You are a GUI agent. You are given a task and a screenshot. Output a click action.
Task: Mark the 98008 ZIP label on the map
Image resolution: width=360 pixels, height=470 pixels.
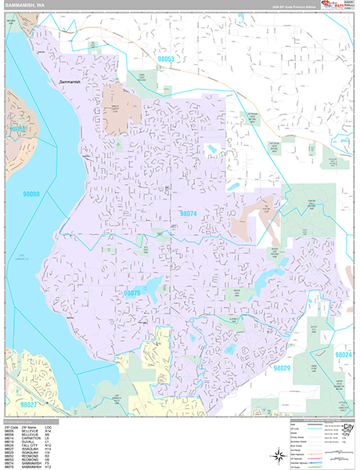30,193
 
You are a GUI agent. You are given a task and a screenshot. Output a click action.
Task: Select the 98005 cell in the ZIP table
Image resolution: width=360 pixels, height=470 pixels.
9,431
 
